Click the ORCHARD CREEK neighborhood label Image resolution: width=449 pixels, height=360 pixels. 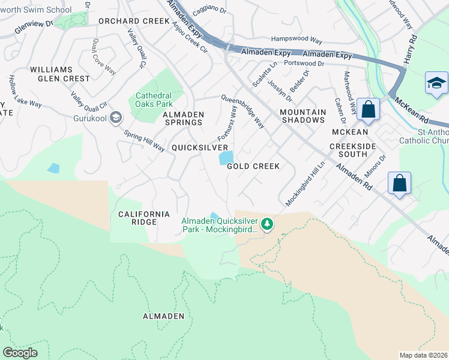[x=134, y=21]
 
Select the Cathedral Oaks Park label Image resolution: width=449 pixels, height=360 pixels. [x=154, y=100]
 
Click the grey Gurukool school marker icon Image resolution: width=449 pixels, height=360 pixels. [x=116, y=118]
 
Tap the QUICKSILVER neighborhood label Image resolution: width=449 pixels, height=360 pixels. [x=200, y=148]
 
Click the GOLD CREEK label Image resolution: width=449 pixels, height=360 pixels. [x=253, y=166]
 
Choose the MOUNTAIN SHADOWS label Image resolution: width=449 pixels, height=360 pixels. [x=303, y=116]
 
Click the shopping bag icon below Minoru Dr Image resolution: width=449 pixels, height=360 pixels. [x=399, y=183]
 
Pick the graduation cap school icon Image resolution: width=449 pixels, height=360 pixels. [x=436, y=83]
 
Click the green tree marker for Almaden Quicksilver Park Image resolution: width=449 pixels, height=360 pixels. [x=267, y=225]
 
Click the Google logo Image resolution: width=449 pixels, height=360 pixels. [x=20, y=353]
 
